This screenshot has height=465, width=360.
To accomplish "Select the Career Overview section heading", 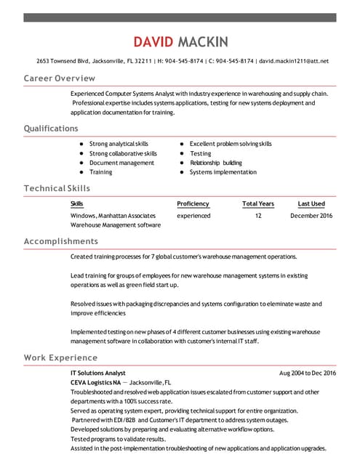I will (x=60, y=78).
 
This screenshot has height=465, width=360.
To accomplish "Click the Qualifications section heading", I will (x=51, y=129).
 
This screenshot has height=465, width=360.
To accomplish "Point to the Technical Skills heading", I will (x=57, y=188).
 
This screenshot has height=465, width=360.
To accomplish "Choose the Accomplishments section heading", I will (x=61, y=241).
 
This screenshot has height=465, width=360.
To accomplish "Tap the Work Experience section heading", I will (x=60, y=357).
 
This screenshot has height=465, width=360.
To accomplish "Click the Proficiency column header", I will (x=193, y=204).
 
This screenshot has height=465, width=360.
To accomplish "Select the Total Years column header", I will (x=258, y=204).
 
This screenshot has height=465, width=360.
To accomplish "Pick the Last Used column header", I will (x=311, y=204).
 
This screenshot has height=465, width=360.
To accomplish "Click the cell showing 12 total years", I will (x=258, y=216).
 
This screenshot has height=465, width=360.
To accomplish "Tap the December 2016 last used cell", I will (x=311, y=216).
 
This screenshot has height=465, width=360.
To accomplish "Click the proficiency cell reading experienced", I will (x=193, y=216).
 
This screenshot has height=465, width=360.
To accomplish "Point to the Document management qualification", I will (x=121, y=163).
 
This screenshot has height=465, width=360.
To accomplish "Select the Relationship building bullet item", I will (x=216, y=163).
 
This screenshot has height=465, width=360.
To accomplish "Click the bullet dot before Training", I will (x=81, y=172).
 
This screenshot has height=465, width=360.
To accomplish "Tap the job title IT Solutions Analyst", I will (x=98, y=373).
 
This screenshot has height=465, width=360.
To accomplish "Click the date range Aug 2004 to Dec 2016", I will (x=308, y=373).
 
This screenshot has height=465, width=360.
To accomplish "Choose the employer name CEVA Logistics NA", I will (x=95, y=382).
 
